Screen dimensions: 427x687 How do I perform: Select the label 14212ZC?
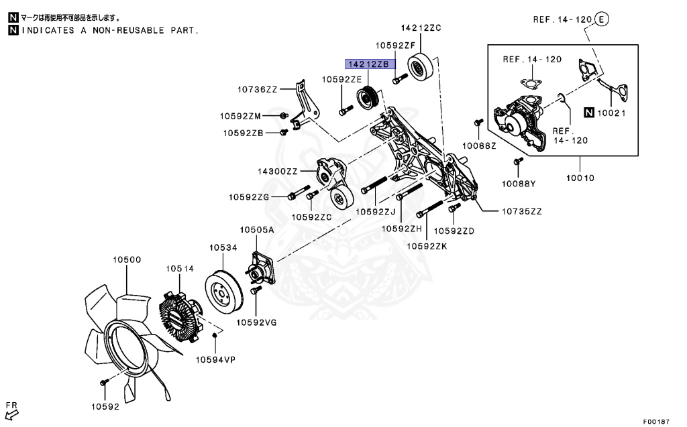421,28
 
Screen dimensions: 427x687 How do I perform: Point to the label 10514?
180,269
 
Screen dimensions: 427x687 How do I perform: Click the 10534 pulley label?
223,248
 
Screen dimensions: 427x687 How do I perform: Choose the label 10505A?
258,230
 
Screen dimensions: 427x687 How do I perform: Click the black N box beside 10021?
588,113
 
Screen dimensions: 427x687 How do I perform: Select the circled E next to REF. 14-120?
601,19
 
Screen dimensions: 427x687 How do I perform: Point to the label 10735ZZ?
521,211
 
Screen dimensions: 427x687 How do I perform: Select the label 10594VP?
215,359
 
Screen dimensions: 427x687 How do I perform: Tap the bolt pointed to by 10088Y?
518,161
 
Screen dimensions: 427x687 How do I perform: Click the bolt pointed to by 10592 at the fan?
104,382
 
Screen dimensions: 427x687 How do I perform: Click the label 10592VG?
256,322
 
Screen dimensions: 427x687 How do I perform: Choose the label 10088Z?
478,145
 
